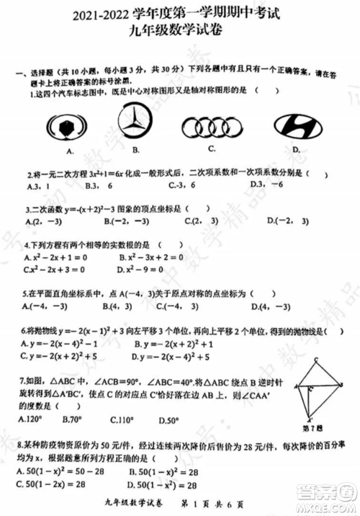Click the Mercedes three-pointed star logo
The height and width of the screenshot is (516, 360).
coord(135,124)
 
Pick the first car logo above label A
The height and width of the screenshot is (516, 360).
coord(69,128)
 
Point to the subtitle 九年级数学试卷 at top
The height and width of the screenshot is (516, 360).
coord(181,30)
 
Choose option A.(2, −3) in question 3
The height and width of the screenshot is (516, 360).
coord(42,222)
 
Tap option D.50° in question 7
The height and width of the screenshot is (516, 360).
coord(166,419)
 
